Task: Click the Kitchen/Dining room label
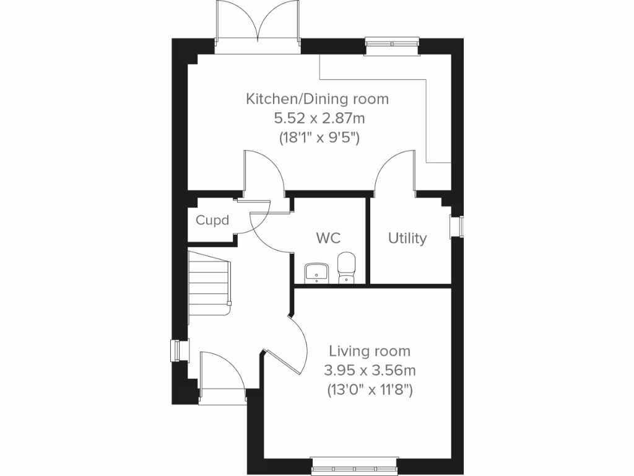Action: [317, 99]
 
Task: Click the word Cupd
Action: [212, 220]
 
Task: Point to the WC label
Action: [328, 238]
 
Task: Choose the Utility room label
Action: [407, 238]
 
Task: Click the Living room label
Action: [370, 351]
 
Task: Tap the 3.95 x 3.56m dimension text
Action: [370, 371]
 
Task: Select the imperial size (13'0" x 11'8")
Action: [370, 390]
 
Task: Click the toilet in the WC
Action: [347, 267]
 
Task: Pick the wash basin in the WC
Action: [317, 271]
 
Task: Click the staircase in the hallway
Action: [210, 282]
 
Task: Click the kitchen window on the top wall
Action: [391, 43]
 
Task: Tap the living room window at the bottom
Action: [354, 462]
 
